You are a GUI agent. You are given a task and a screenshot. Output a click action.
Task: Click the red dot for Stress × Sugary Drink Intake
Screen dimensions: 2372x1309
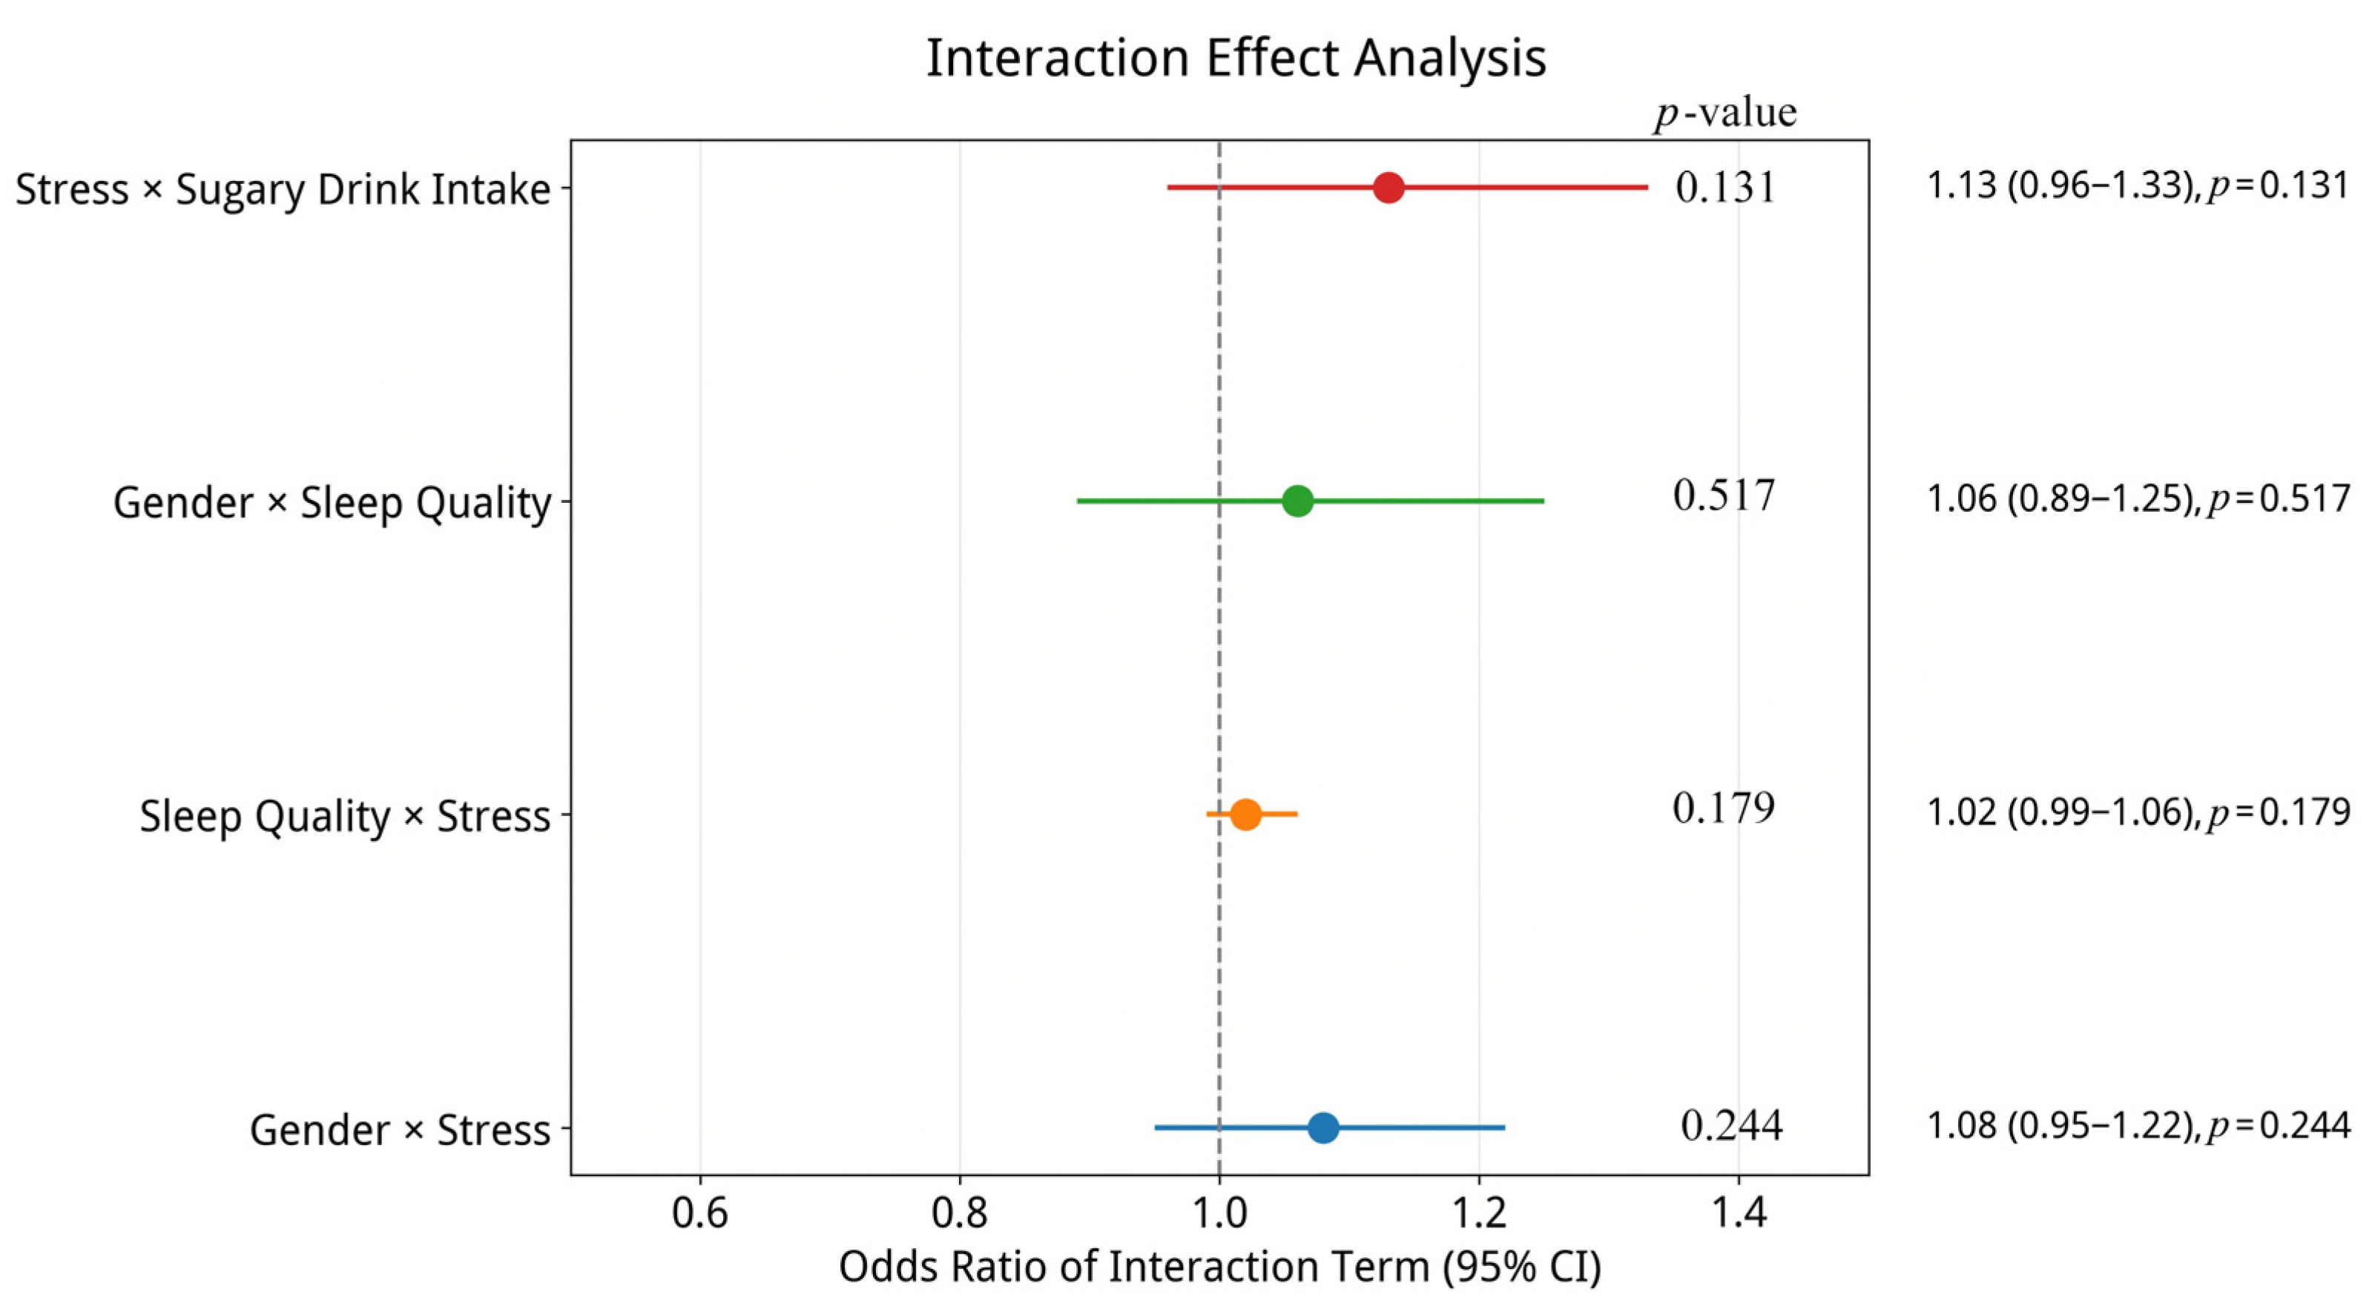pyautogui.click(x=1388, y=188)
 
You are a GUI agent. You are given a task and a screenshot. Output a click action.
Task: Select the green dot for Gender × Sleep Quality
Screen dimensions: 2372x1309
pyautogui.click(x=1297, y=501)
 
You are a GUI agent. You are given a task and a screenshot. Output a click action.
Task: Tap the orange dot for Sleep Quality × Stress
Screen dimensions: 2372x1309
pyautogui.click(x=1245, y=814)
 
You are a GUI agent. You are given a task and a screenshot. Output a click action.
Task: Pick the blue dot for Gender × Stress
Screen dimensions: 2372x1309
pyautogui.click(x=1323, y=1127)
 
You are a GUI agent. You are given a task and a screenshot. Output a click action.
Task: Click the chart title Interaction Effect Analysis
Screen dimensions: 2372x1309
pyautogui.click(x=1236, y=59)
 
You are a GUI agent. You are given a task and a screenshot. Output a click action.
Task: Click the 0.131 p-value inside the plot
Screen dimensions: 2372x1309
pyautogui.click(x=1724, y=188)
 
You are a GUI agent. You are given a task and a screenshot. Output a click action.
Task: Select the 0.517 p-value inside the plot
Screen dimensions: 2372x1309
pyautogui.click(x=1724, y=496)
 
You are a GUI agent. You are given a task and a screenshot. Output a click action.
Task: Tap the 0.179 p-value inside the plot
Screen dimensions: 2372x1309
pyautogui.click(x=1724, y=808)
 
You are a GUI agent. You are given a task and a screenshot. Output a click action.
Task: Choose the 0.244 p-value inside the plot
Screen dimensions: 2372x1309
pyautogui.click(x=1732, y=1125)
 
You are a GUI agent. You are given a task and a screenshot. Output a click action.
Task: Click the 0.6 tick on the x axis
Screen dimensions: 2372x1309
pyautogui.click(x=700, y=1213)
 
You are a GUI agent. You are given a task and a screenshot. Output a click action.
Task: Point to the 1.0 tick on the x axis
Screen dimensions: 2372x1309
pyautogui.click(x=1219, y=1213)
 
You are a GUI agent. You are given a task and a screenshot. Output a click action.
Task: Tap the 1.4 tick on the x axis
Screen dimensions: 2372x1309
pyautogui.click(x=1739, y=1213)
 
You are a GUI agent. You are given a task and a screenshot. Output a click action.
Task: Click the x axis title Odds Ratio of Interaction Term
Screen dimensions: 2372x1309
pyautogui.click(x=1219, y=1267)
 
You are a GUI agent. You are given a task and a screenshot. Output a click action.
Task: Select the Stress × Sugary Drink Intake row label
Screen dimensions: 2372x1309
pyautogui.click(x=283, y=191)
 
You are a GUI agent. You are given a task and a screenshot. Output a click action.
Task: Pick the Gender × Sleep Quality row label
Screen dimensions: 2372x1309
pyautogui.click(x=332, y=504)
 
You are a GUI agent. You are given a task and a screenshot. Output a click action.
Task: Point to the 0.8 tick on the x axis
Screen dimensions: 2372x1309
pyautogui.click(x=960, y=1213)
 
